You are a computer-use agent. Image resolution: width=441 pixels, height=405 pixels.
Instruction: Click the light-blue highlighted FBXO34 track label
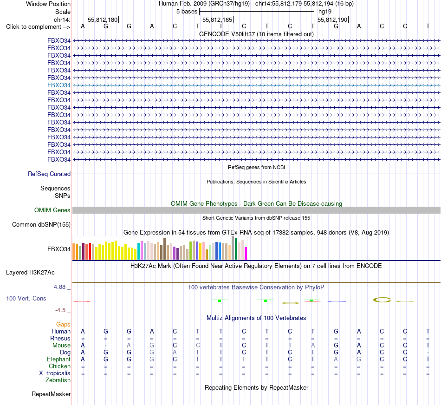59,85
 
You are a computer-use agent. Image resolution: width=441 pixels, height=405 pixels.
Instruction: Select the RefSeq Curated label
49,174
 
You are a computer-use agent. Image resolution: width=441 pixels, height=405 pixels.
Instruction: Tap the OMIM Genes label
52,210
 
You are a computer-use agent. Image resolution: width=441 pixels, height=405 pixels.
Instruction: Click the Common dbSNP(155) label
41,225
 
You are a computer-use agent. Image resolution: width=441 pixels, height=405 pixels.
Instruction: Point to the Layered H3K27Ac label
30,273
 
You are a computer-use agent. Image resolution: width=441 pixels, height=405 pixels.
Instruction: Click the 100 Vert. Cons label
26,298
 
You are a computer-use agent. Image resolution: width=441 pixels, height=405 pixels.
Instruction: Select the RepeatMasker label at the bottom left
51,394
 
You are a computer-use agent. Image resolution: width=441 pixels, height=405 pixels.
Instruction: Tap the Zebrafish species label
58,380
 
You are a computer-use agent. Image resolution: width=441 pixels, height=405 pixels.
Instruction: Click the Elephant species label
59,359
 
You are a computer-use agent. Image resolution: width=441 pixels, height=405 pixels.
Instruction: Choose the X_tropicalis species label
55,373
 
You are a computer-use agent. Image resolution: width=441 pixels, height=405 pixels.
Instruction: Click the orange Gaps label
63,325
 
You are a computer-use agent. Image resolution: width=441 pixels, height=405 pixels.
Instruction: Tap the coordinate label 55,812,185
217,20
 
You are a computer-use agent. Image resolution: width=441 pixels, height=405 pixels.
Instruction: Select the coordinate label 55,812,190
332,20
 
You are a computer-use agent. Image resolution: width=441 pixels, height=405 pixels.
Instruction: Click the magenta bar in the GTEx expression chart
246,253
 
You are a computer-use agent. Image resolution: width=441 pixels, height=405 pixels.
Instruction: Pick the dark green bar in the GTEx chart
236,249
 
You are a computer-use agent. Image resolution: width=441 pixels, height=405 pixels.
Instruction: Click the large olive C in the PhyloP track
382,300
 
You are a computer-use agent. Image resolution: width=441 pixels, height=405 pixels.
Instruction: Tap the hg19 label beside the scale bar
325,12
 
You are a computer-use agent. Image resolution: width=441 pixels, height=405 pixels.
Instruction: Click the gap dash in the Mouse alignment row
106,346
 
